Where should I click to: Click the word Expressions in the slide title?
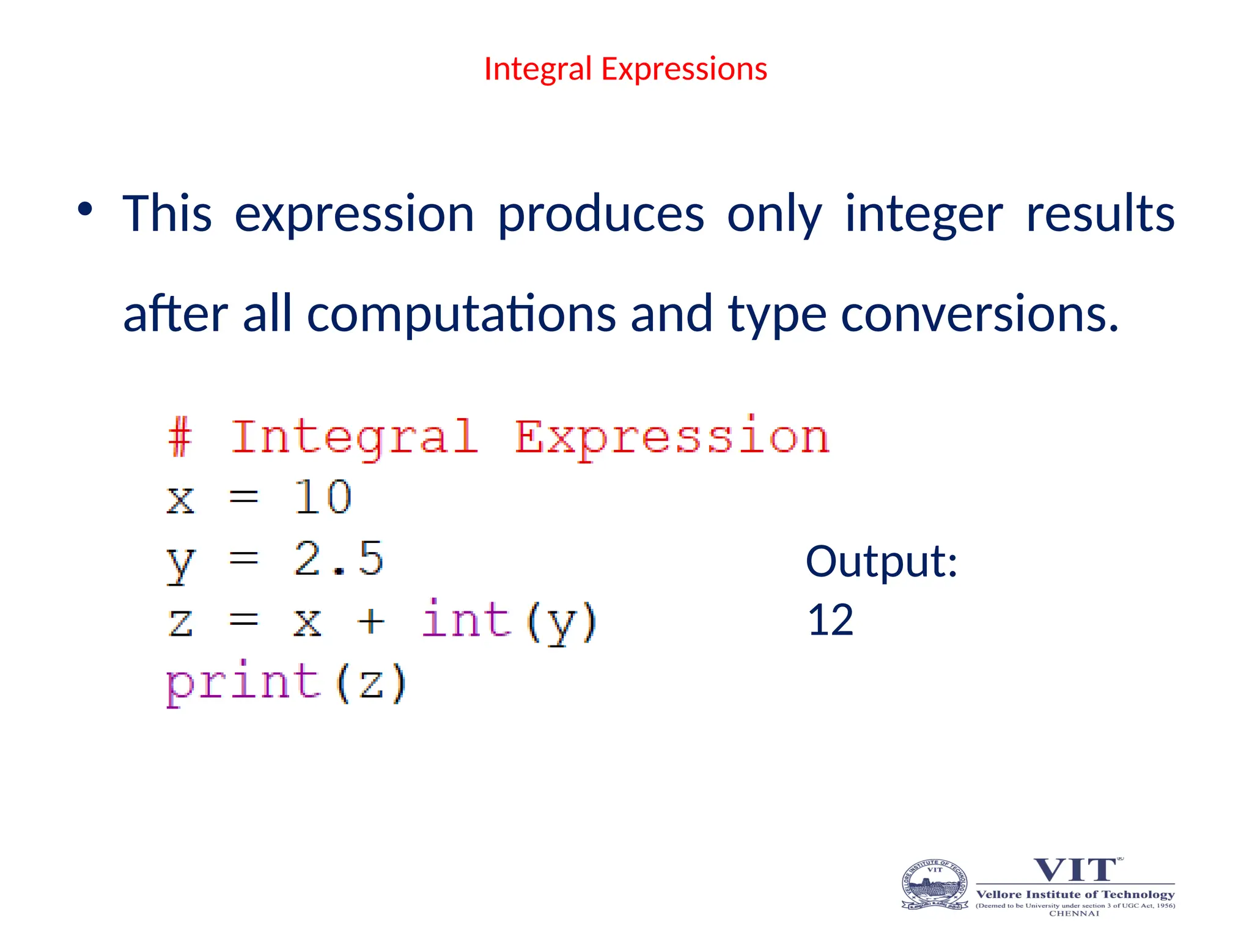pyautogui.click(x=684, y=69)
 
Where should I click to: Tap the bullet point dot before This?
pyautogui.click(x=85, y=210)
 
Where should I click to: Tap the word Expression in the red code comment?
pyautogui.click(x=671, y=438)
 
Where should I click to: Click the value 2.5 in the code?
pyautogui.click(x=338, y=559)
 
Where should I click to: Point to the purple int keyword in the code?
pyautogui.click(x=466, y=620)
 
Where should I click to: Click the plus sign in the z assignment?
pyautogui.click(x=371, y=622)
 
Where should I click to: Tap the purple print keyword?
pyautogui.click(x=243, y=682)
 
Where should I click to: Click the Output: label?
pyautogui.click(x=881, y=561)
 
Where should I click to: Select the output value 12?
pyautogui.click(x=830, y=620)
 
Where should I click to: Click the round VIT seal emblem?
pyautogui.click(x=935, y=885)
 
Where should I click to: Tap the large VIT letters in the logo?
pyautogui.click(x=1075, y=869)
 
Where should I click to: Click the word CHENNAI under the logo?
pyautogui.click(x=1074, y=913)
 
